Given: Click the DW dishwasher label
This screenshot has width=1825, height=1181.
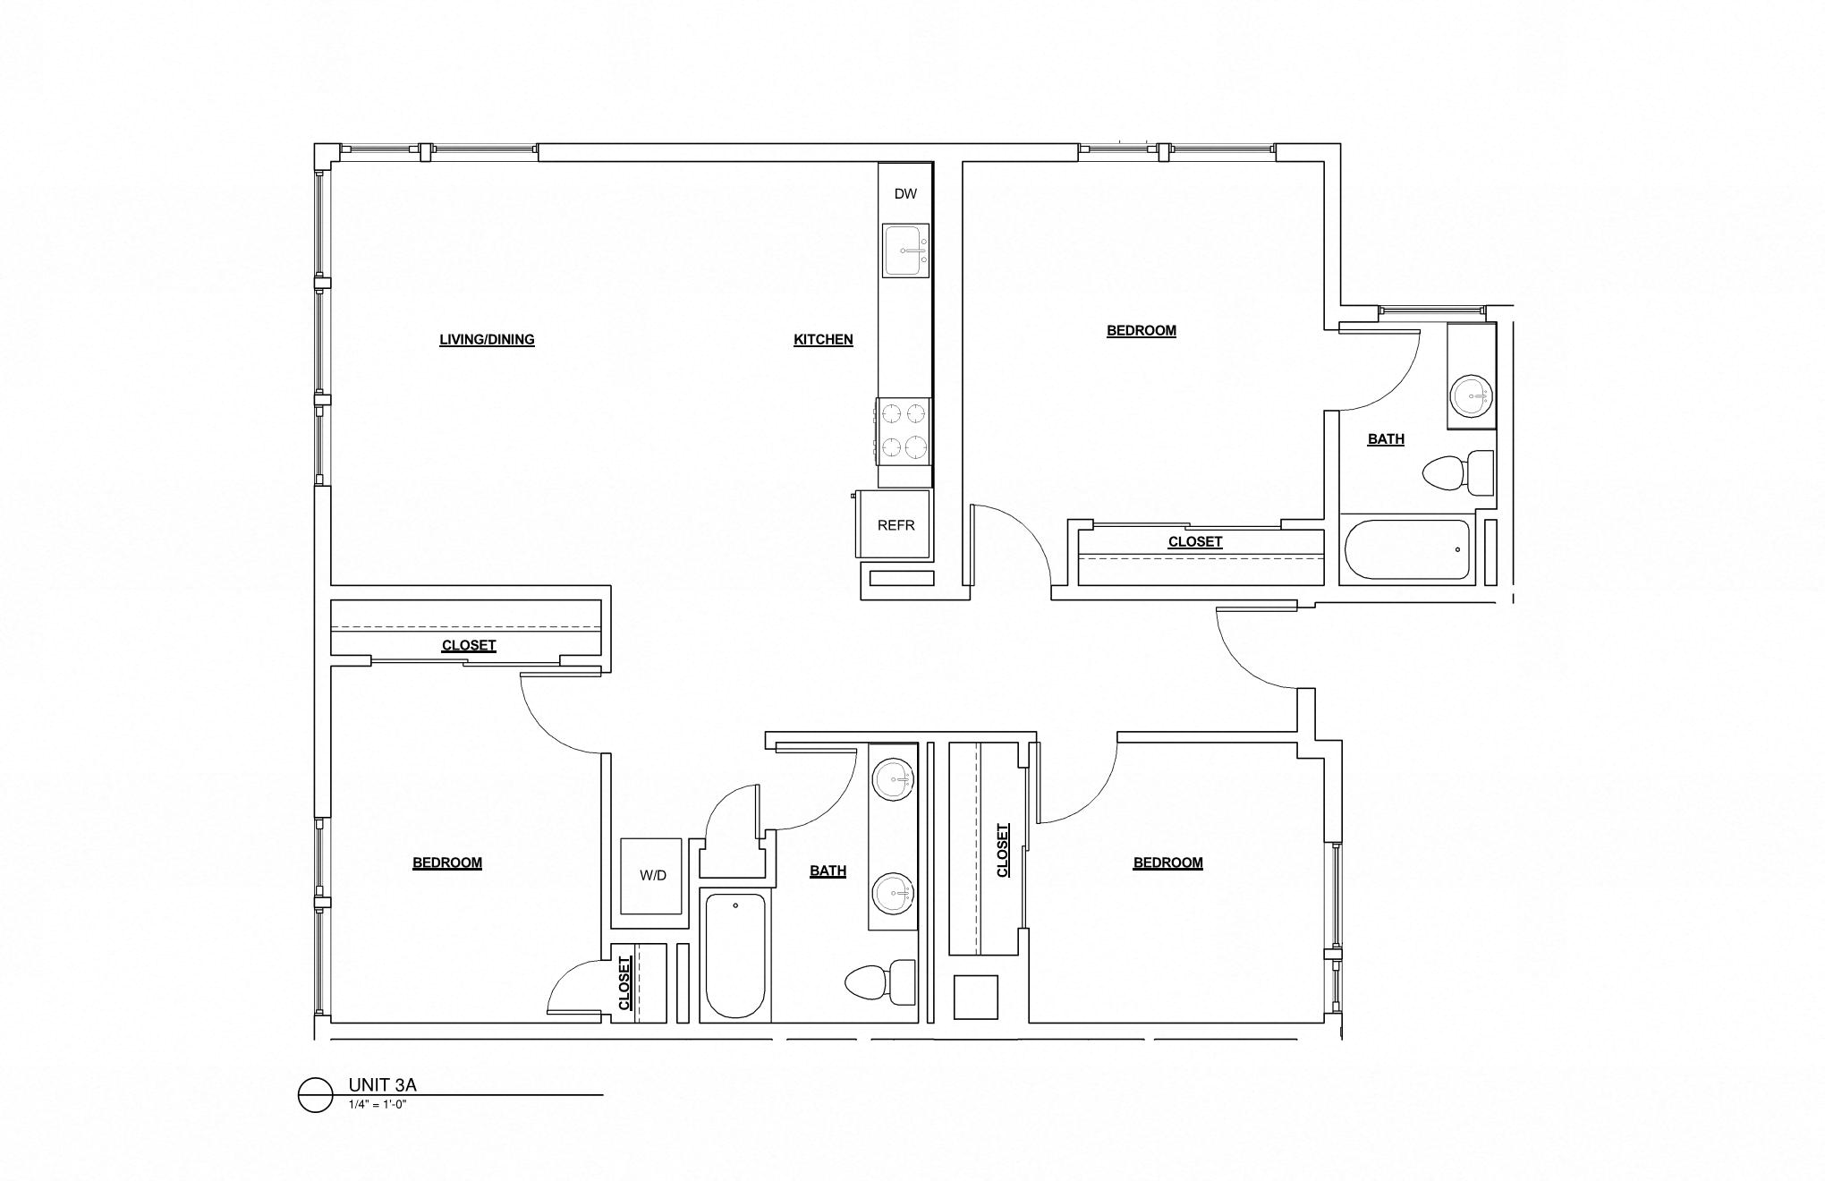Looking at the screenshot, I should [905, 193].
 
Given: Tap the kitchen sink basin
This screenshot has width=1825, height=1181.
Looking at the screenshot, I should [905, 251].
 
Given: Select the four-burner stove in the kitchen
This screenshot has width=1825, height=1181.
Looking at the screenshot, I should [904, 430].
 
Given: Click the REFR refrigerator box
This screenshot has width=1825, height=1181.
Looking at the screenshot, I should [896, 525].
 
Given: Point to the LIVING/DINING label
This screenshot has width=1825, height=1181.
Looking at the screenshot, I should [487, 339].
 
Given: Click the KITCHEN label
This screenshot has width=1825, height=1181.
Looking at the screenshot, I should [823, 339].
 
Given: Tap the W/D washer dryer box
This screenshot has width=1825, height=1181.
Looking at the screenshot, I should [652, 876].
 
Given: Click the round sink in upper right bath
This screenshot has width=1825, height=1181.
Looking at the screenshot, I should [1472, 395].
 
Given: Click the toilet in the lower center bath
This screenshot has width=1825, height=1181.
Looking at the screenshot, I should [881, 982].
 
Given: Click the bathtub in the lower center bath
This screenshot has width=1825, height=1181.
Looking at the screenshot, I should [735, 956].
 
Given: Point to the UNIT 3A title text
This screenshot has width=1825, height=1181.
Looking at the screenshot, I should [383, 1085].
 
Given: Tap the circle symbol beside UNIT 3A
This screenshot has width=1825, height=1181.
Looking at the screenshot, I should [315, 1094].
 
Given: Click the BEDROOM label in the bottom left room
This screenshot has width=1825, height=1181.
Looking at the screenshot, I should [447, 862].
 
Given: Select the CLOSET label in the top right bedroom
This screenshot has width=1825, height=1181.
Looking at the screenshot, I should [1194, 541].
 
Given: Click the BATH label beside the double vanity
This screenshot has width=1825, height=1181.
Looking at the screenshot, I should [828, 871].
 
